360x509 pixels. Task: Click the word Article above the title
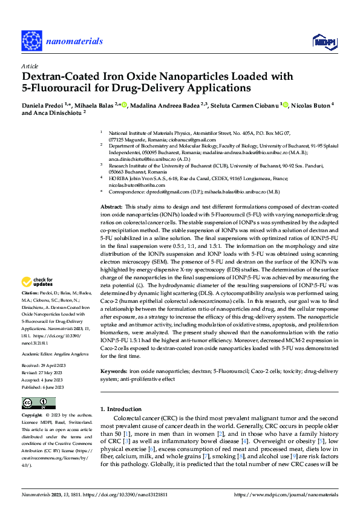point(30,66)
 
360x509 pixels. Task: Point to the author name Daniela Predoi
point(43,105)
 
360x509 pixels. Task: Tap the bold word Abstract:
point(113,207)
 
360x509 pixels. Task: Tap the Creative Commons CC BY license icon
point(39,402)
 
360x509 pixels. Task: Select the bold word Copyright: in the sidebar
point(33,416)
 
